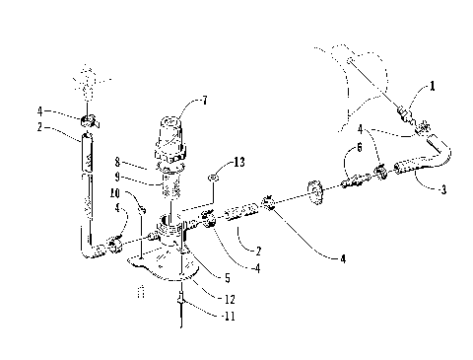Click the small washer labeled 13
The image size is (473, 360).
[x=212, y=178]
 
